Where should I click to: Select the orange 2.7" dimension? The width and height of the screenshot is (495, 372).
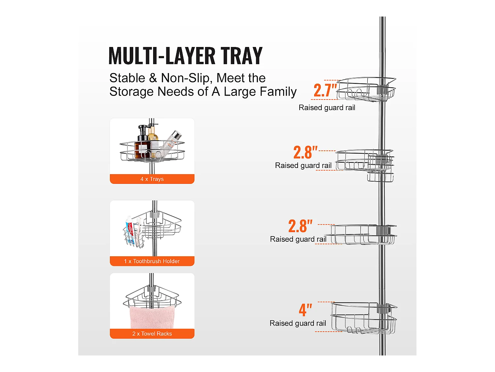325,90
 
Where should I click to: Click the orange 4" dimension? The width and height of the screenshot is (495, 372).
305,310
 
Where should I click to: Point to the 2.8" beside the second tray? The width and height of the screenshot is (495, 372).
305,152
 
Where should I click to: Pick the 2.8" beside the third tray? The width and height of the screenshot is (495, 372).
300,226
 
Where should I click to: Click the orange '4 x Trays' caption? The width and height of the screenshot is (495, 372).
152,179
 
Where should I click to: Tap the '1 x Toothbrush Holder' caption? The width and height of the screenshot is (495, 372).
152,261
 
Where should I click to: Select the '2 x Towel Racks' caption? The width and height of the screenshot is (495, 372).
152,334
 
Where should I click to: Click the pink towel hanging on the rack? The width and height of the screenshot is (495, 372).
152,317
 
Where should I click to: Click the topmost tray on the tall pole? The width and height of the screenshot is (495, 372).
366,89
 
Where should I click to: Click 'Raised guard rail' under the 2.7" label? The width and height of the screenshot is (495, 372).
327,108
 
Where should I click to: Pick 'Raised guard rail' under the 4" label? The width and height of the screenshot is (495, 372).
298,323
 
